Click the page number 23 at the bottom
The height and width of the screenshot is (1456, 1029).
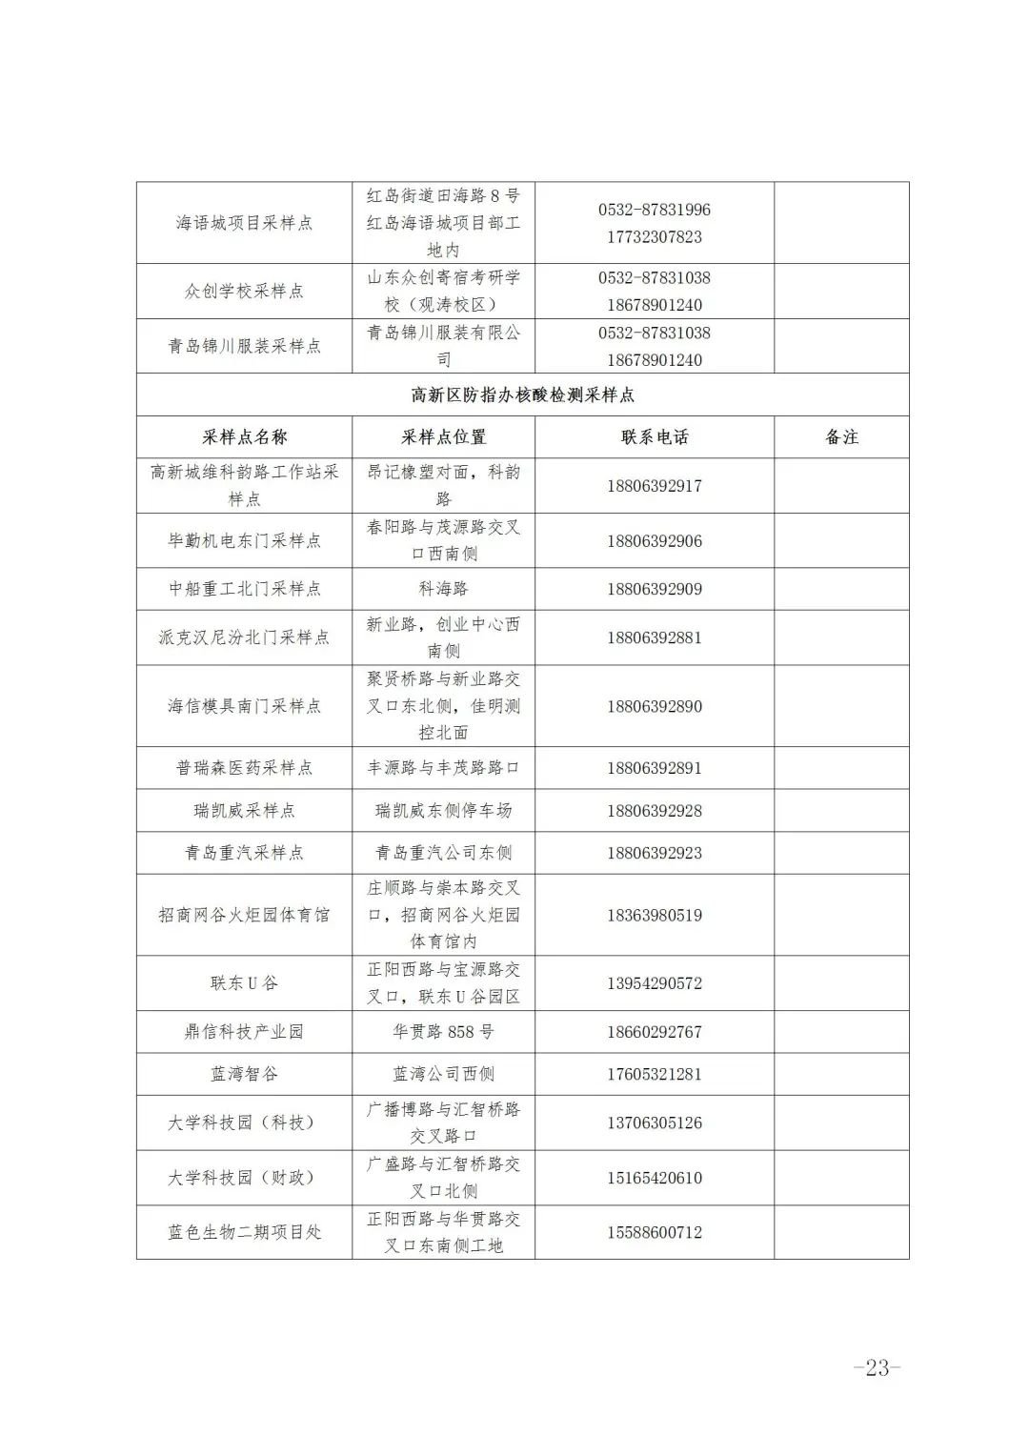click(x=877, y=1367)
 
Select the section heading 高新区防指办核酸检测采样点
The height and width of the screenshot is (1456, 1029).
click(x=522, y=394)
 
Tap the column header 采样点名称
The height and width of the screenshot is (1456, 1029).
click(x=244, y=437)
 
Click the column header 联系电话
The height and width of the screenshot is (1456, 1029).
click(x=655, y=437)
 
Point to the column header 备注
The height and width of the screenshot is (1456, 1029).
click(x=841, y=437)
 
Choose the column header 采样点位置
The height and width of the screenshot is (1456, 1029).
click(x=443, y=437)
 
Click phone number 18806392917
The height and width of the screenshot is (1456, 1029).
click(x=655, y=486)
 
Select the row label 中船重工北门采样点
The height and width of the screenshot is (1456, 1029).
click(x=244, y=589)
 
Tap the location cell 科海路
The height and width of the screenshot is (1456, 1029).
click(x=443, y=589)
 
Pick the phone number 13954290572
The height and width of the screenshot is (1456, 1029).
click(x=655, y=983)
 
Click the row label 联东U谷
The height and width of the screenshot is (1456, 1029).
click(x=244, y=983)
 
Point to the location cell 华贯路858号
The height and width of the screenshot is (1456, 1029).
click(x=443, y=1032)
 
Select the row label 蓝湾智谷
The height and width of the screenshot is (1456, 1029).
click(x=244, y=1074)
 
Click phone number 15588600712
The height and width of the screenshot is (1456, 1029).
click(x=655, y=1232)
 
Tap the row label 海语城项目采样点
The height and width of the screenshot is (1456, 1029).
click(x=244, y=223)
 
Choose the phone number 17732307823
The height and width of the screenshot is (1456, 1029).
click(x=655, y=237)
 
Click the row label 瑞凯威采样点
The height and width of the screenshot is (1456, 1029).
click(x=244, y=811)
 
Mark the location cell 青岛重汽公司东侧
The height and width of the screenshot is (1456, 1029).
click(x=443, y=853)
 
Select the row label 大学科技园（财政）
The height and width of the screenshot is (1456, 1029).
click(x=244, y=1178)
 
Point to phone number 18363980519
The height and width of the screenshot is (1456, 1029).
click(x=655, y=916)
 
